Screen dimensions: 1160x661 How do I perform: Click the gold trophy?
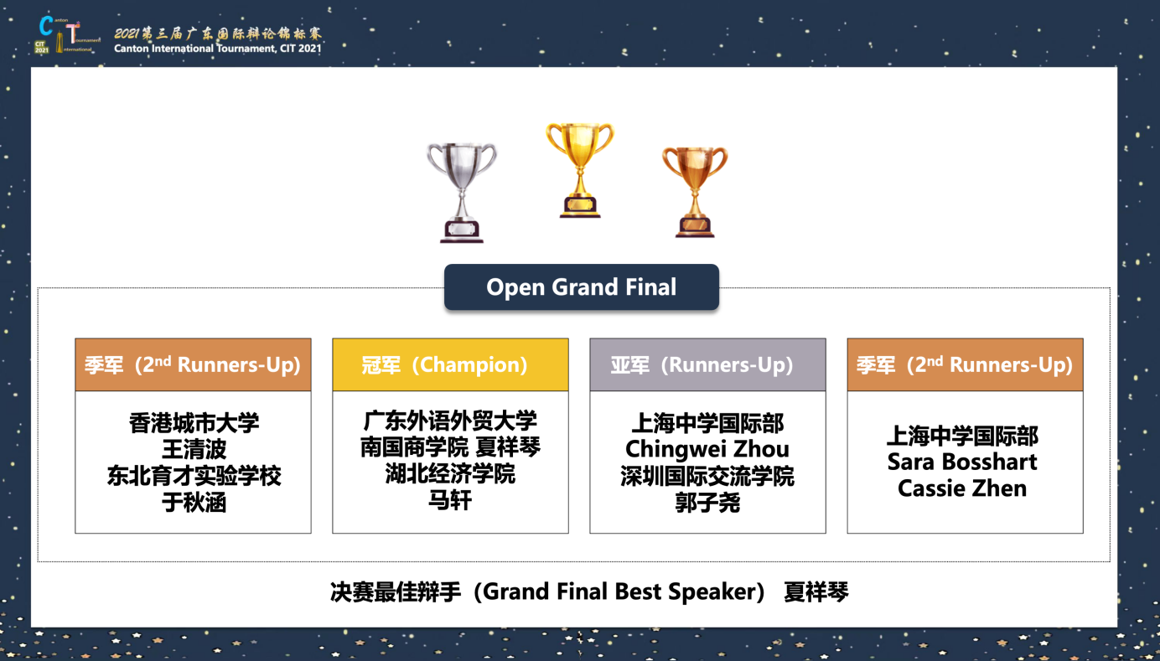coord(580,170)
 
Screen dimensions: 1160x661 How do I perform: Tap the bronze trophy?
coord(695,192)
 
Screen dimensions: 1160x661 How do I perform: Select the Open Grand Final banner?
coord(582,287)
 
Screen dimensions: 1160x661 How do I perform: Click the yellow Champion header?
coord(451,364)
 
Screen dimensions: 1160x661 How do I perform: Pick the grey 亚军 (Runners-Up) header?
coord(708,364)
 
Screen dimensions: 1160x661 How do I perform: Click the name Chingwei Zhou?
coord(707,449)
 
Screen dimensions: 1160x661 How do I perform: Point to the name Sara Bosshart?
coord(962,462)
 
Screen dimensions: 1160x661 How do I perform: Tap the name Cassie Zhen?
coord(962,488)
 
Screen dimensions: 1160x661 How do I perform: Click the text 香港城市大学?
coord(194,423)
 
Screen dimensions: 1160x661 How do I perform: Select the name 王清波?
coord(194,449)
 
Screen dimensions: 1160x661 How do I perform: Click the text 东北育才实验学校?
coord(194,476)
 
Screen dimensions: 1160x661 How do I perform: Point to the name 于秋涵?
coord(194,502)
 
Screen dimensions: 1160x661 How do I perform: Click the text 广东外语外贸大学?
coord(450,421)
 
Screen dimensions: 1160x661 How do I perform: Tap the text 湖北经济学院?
coord(450,473)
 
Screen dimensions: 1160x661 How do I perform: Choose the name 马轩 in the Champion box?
coord(450,500)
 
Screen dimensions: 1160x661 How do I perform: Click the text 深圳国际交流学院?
coord(707,476)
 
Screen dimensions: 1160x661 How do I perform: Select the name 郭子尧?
coord(707,502)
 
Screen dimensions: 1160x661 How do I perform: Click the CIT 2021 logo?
coord(67,34)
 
